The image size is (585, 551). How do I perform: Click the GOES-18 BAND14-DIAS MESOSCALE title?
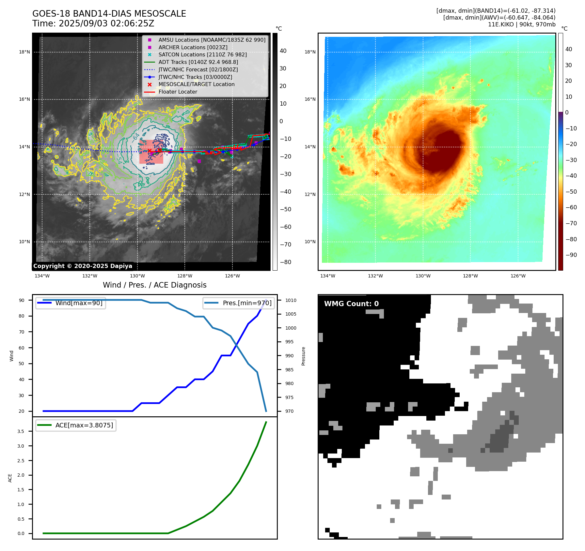pyautogui.click(x=109, y=14)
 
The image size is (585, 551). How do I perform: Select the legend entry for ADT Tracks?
pyautogui.click(x=198, y=62)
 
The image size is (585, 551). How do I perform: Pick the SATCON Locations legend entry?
pyautogui.click(x=202, y=55)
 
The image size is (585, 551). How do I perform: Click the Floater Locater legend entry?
pyautogui.click(x=178, y=92)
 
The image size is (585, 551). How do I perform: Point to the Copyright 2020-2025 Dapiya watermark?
pyautogui.click(x=83, y=266)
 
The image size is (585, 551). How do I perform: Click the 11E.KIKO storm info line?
pyautogui.click(x=521, y=24)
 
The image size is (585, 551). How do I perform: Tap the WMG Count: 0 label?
pyautogui.click(x=351, y=304)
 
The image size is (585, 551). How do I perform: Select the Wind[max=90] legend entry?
pyautogui.click(x=79, y=303)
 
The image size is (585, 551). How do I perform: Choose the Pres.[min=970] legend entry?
pyautogui.click(x=247, y=303)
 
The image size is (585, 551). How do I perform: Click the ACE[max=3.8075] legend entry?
pyautogui.click(x=84, y=425)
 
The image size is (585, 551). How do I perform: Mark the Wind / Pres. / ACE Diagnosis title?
pyautogui.click(x=154, y=285)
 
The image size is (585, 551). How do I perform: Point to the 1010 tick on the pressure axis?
pyautogui.click(x=291, y=300)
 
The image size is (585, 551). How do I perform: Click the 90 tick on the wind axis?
pyautogui.click(x=22, y=300)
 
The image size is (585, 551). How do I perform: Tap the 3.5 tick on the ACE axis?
pyautogui.click(x=21, y=431)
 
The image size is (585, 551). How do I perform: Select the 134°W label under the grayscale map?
pyautogui.click(x=42, y=276)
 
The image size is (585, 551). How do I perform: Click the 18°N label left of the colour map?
pyautogui.click(x=310, y=52)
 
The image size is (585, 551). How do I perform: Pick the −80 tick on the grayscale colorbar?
pyautogui.click(x=285, y=262)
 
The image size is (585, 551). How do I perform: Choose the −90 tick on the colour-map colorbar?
pyautogui.click(x=571, y=255)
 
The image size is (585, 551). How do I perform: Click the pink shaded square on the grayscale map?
pyautogui.click(x=151, y=152)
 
